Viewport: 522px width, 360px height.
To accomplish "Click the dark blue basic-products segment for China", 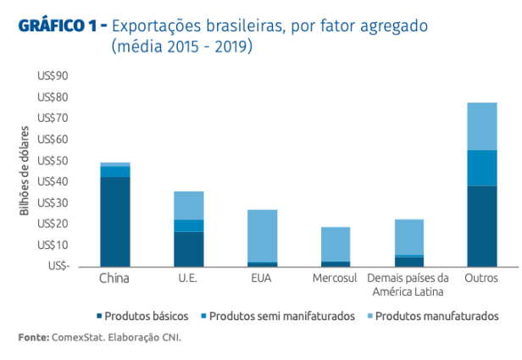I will pos(115,221).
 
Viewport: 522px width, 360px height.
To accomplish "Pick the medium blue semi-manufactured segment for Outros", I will pos(481,168).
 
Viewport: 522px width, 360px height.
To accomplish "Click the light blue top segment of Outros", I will pos(481,126).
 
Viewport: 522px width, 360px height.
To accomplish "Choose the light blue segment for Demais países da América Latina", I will pos(409,236).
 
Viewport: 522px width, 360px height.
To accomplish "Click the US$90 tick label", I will pos(53,76).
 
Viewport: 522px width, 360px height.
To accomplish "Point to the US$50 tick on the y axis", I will pos(53,161).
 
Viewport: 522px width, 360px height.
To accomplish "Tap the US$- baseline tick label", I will pos(53,266).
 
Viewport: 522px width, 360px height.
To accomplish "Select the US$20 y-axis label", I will pos(53,224).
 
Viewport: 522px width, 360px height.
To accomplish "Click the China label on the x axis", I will pos(114,279).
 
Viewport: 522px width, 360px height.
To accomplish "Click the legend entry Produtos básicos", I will pos(148,316).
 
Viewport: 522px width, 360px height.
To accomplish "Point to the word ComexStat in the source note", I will pos(80,337).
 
